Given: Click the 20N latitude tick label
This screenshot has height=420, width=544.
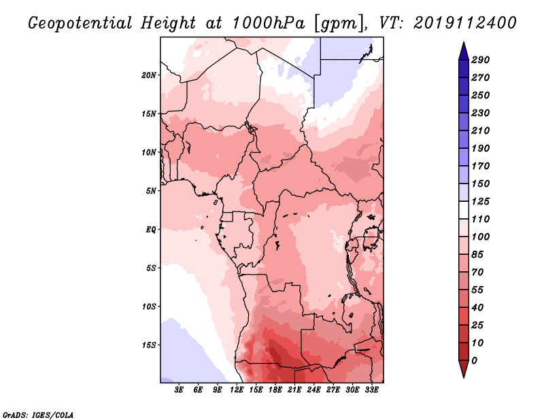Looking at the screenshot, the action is click(149, 75).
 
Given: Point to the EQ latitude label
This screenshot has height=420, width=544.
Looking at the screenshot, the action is click(150, 230).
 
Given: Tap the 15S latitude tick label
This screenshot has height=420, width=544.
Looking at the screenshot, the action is click(149, 345).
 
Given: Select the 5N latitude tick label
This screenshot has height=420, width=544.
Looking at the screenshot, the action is click(151, 191).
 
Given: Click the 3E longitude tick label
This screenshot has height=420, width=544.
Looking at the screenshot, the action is click(179, 390).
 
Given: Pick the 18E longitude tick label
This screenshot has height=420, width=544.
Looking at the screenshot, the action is click(275, 390).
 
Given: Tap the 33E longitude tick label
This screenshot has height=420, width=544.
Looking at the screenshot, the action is click(371, 390).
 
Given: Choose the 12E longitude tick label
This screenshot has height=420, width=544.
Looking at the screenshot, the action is click(237, 390).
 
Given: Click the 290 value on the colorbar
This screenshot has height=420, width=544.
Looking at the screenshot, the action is click(480, 60).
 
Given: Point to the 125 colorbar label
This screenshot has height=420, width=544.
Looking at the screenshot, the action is click(480, 201).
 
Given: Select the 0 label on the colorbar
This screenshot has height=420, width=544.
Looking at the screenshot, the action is click(474, 361).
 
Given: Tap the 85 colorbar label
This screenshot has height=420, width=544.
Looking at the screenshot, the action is click(477, 255).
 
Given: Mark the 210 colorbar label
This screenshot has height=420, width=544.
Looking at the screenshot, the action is click(480, 130).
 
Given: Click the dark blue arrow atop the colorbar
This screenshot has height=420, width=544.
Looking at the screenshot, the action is click(464, 51).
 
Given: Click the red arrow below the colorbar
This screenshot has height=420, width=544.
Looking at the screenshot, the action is click(464, 368).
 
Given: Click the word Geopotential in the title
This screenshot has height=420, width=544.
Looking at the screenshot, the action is click(80, 23).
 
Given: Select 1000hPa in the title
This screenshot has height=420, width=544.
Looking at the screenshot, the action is click(268, 23).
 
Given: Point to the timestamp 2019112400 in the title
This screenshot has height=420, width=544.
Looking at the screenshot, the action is click(464, 23).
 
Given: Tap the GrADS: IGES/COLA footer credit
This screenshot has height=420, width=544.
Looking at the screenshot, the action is click(38, 415).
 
